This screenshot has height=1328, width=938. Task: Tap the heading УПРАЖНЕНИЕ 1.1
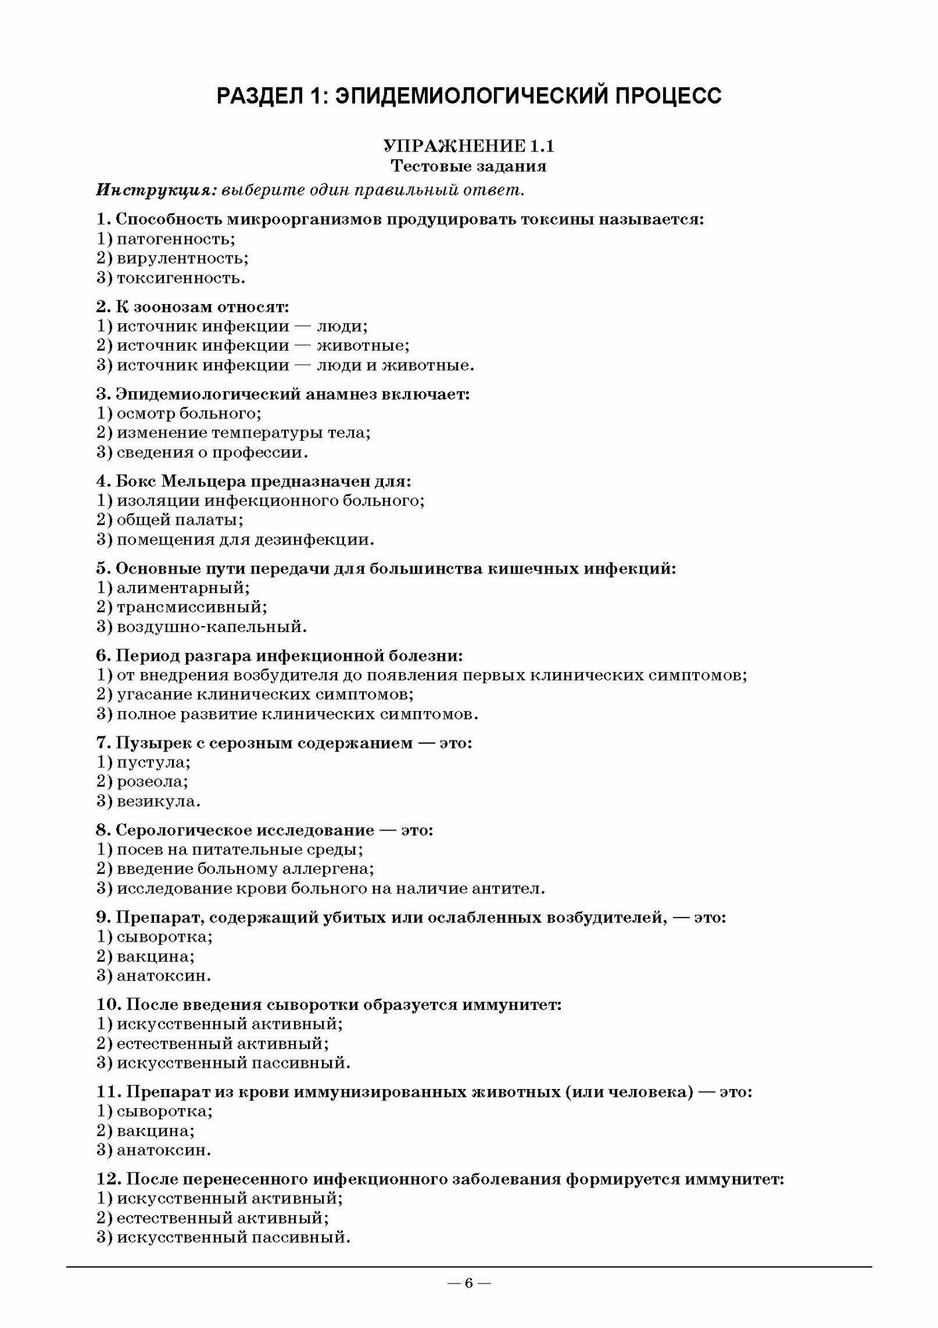click(x=469, y=147)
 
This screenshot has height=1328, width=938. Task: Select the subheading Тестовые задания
click(x=469, y=166)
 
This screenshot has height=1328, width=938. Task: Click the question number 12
click(x=108, y=1179)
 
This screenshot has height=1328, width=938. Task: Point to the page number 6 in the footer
click(x=469, y=1283)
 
